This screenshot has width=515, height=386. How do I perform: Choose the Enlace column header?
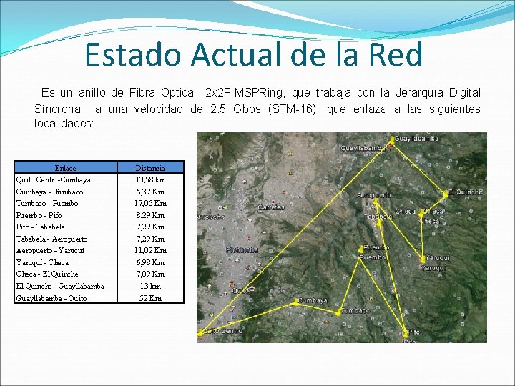coord(65,168)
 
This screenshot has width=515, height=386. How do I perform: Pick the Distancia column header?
coord(150,168)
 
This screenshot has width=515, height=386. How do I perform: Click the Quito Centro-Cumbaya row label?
coord(54,179)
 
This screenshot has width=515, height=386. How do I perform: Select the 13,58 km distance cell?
coord(150,179)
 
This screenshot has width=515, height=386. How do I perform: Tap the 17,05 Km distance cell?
coord(150,203)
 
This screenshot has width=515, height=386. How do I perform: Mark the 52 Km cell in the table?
coord(150,298)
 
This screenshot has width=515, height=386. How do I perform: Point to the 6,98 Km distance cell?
coord(150,262)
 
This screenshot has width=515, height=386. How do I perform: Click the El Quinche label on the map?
coord(466,192)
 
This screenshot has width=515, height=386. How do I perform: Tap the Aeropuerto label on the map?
coord(373,194)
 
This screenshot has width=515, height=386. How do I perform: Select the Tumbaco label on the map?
coord(355,311)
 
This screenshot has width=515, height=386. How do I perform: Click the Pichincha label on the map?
coord(242,250)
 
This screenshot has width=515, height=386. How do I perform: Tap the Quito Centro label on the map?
coord(221,332)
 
